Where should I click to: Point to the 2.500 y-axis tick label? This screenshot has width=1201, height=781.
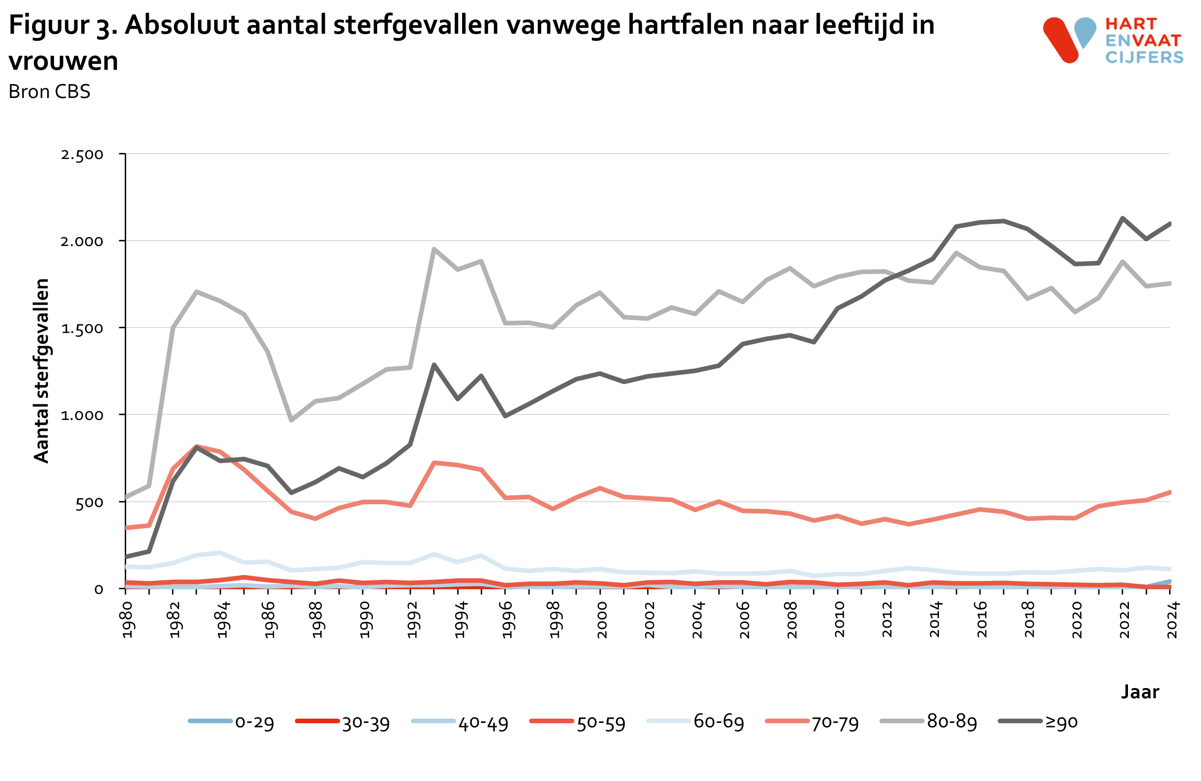tap(82, 154)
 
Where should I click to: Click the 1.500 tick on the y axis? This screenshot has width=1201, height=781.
tap(82, 329)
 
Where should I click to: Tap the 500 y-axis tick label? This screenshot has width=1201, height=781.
tap(89, 502)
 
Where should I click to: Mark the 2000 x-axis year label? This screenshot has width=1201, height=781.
tap(602, 620)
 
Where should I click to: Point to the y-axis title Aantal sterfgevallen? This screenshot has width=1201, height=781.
tap(42, 370)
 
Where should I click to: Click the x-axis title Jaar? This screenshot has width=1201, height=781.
tap(1140, 691)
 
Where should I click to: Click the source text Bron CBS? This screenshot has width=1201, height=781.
tap(49, 92)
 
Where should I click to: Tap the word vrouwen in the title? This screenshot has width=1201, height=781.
tap(64, 61)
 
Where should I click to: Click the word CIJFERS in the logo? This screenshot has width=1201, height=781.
tap(1144, 57)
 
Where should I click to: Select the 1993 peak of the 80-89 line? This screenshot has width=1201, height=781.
tap(434, 249)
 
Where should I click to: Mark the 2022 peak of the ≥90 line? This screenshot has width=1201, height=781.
tap(1122, 219)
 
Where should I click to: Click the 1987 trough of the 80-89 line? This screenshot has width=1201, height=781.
tap(291, 420)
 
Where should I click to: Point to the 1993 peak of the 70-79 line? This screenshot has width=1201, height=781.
tap(434, 462)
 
